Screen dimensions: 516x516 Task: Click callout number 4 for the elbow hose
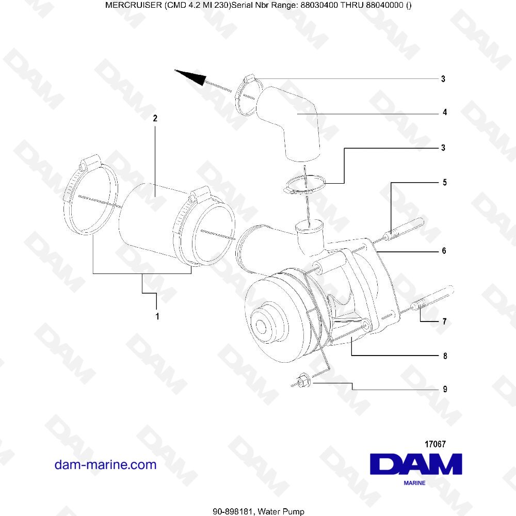444,112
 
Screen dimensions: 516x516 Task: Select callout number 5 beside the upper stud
444,183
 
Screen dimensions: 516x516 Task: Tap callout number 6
444,251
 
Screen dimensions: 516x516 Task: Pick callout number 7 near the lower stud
444,321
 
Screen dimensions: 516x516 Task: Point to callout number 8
444,356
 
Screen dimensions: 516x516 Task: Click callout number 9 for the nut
444,390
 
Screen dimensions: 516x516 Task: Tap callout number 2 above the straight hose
155,118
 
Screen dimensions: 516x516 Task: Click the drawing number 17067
434,444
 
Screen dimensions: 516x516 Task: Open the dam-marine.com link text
105,465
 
